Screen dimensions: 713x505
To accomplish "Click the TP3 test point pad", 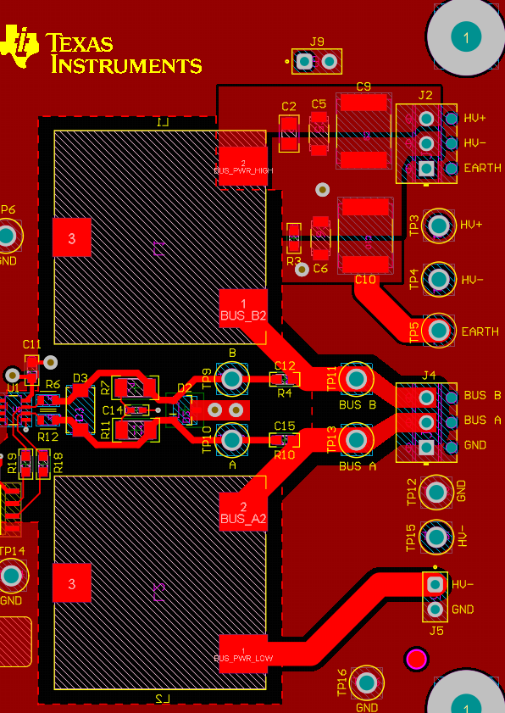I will [x=439, y=225].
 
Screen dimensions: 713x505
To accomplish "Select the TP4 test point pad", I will [x=439, y=278].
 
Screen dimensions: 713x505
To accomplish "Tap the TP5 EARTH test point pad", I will [x=439, y=329].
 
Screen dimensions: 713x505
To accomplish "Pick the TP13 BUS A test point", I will [x=356, y=440].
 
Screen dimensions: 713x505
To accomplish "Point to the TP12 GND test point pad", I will [x=436, y=492].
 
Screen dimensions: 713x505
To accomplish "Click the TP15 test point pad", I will [x=436, y=536].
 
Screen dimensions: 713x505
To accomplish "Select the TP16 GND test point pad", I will [x=367, y=682].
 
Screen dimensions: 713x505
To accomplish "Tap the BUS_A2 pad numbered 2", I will [x=243, y=510].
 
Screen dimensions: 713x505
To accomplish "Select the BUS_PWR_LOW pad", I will [x=243, y=653].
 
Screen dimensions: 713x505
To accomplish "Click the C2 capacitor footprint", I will [x=289, y=133].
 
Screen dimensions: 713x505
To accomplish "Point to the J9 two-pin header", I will [x=317, y=61].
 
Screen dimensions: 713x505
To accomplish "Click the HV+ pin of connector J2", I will [x=426, y=119].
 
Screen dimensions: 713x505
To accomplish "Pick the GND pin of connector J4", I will [x=426, y=446].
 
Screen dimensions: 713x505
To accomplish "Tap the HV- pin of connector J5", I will [x=436, y=584].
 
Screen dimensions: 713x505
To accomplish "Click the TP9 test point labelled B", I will [x=231, y=379].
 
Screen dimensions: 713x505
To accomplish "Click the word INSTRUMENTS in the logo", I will [x=127, y=64].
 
